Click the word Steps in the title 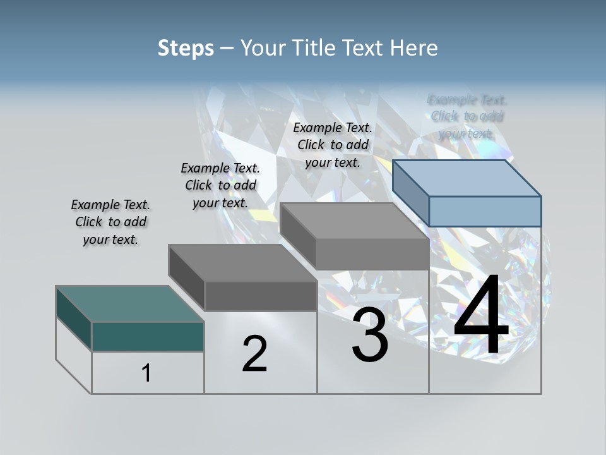point(186,49)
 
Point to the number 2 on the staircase point(254,354)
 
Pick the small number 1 point(146,373)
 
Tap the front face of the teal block point(148,336)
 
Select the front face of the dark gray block point(261,296)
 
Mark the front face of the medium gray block point(372,255)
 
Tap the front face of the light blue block point(485,211)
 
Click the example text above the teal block point(110,222)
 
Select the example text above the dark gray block point(220,185)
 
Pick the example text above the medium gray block point(333,145)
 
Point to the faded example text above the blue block point(467,116)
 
